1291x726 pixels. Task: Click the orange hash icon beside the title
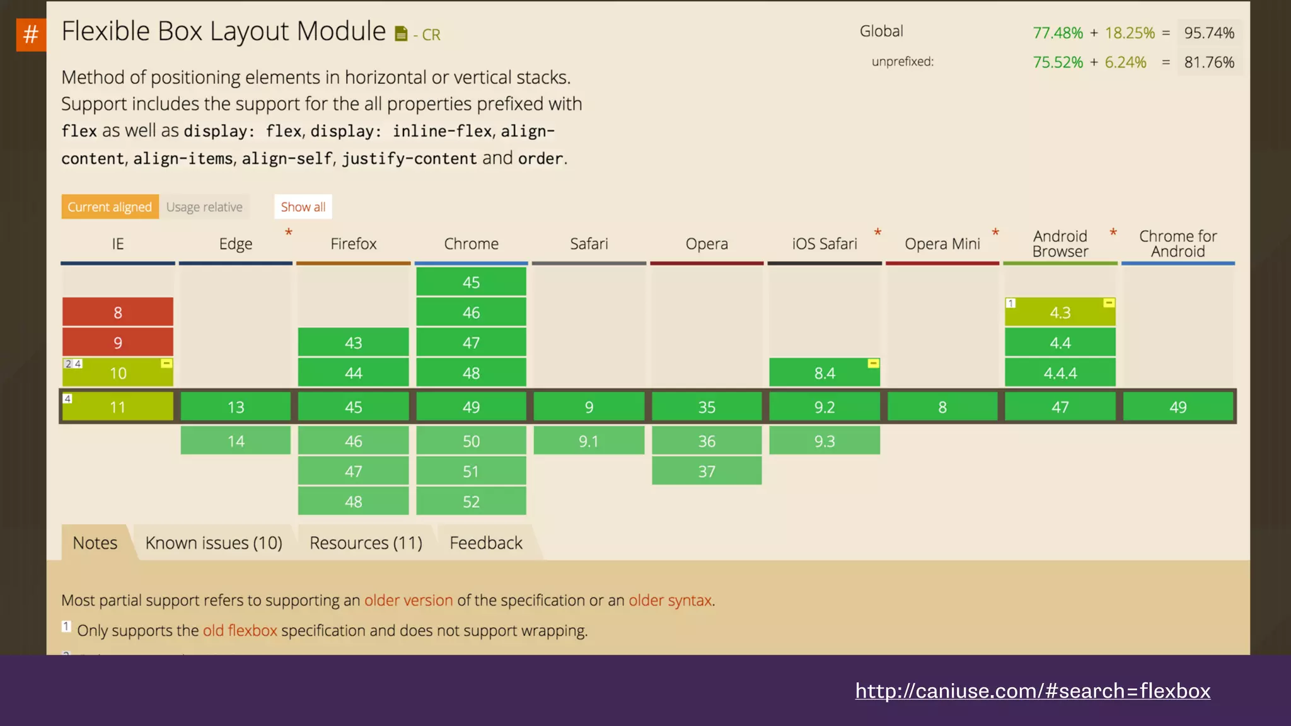pos(30,34)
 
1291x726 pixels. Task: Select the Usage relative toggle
pos(204,207)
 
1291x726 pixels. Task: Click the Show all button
pos(303,207)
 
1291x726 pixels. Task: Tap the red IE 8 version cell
pos(118,312)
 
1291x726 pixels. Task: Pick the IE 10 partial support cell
pos(118,373)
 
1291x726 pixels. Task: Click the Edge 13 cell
pos(236,407)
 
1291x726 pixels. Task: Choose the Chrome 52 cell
pos(471,502)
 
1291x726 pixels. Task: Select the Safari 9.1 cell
pos(589,441)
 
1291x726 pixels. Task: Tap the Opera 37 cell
pos(707,471)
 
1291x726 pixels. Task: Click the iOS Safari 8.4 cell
pos(824,373)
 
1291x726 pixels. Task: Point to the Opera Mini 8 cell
pos(942,407)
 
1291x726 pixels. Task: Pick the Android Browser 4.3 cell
pos(1060,313)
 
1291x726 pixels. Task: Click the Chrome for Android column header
pos(1178,244)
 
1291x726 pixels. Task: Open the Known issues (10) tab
pos(214,543)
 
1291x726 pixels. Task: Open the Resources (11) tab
pos(366,543)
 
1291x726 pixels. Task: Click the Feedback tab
pos(486,543)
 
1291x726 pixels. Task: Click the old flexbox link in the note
pos(240,630)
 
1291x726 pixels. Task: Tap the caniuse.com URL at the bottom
pos(1033,691)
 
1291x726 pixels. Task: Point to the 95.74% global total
pos(1208,33)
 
